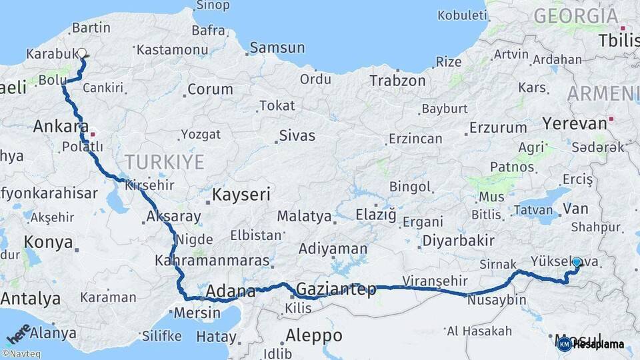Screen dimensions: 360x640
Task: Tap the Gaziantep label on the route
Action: tap(335, 290)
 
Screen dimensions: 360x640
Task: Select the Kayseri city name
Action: tap(241, 195)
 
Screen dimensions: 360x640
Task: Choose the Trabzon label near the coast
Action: tap(397, 81)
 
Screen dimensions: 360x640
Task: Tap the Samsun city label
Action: tap(278, 48)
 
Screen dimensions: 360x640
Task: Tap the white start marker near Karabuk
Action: tap(82, 53)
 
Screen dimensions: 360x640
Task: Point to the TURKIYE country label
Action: tap(163, 160)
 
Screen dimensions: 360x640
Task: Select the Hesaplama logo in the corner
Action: tap(591, 344)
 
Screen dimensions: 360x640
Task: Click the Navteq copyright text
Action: tap(21, 354)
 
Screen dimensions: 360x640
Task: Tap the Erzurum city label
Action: tap(497, 127)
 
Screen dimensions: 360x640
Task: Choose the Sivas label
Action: tap(297, 135)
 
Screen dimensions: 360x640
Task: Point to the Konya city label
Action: tap(48, 242)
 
